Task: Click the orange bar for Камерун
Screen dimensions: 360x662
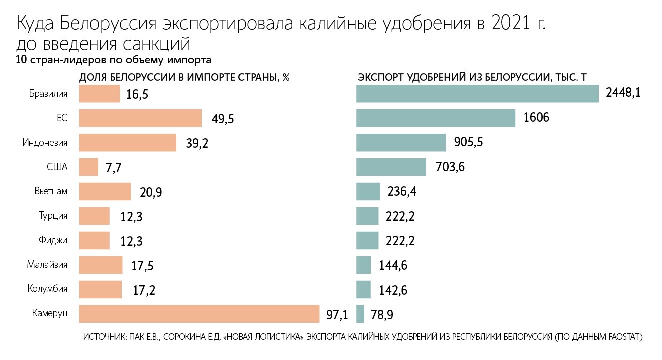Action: (x=199, y=314)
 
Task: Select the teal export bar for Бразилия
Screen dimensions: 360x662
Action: (x=477, y=94)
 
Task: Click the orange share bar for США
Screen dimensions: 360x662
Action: (x=89, y=167)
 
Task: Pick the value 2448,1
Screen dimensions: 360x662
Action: (x=623, y=93)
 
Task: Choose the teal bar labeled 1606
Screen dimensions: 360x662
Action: (x=436, y=118)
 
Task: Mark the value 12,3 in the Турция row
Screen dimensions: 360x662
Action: (x=132, y=217)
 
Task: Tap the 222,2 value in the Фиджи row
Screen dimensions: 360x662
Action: (x=401, y=241)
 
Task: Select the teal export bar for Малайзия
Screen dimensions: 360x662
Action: (x=363, y=265)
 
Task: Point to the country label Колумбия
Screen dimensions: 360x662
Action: (x=47, y=289)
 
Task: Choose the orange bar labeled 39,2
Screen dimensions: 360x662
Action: (x=128, y=143)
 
